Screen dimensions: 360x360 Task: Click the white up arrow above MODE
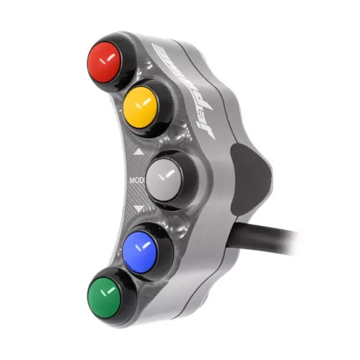pos(139,152)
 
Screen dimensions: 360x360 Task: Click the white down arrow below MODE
pos(139,209)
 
